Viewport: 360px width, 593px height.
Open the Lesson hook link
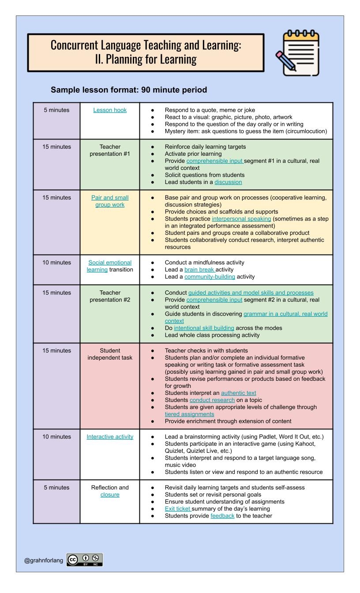[110, 110]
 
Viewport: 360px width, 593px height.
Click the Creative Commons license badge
[85, 560]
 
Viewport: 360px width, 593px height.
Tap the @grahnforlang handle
[44, 560]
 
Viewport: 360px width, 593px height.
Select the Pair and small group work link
[110, 201]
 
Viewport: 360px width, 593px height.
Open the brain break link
[199, 270]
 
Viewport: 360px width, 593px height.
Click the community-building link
[210, 277]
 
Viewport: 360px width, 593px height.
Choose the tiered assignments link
[189, 414]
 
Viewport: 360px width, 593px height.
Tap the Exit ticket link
[178, 509]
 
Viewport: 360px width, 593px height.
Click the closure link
[110, 495]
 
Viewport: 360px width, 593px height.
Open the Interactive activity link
[110, 437]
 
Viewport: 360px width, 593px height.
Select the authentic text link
[238, 393]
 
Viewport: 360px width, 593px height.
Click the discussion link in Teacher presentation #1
[228, 182]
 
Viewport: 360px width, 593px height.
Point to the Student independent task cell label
[110, 354]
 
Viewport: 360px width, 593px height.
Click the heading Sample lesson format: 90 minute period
[129, 90]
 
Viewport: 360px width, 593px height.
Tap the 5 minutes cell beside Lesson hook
[56, 110]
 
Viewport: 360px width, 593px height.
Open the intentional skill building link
[204, 328]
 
